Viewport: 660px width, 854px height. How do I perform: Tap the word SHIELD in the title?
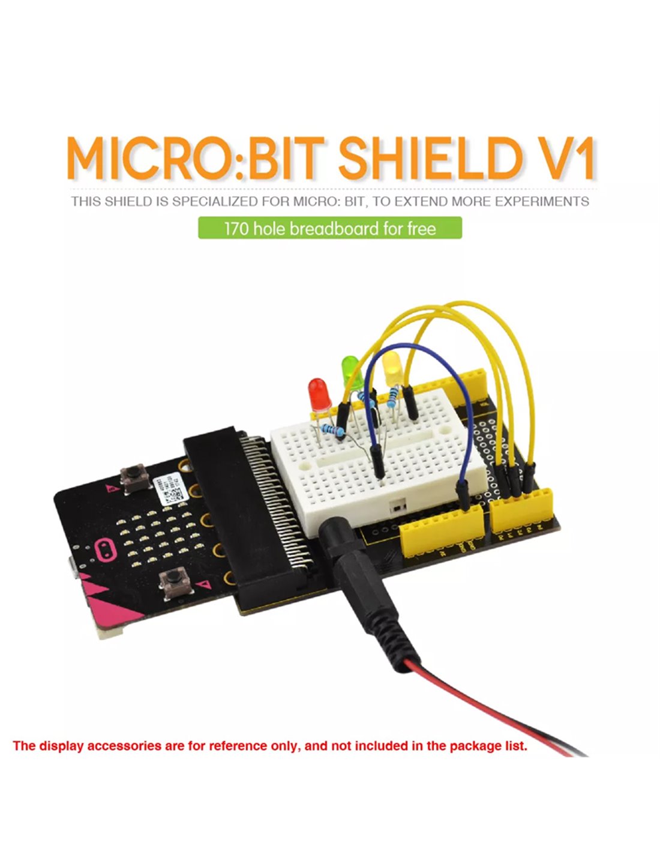pos(428,159)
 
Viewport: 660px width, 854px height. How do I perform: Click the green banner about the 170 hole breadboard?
pos(330,229)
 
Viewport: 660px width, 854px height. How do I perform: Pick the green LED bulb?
pos(350,371)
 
